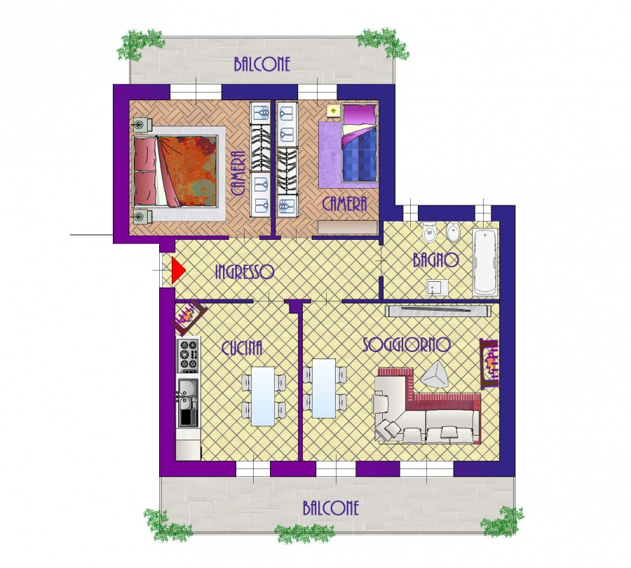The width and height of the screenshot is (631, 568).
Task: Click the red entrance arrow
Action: click(178, 271)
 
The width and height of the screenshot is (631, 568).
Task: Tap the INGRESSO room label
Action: click(245, 272)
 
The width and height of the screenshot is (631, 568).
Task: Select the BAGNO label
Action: click(436, 260)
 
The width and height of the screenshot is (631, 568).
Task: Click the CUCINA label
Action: click(242, 348)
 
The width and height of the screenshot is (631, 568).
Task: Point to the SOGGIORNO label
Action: click(407, 345)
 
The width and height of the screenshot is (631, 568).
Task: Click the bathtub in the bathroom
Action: click(485, 262)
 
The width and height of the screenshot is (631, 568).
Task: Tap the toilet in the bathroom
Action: click(429, 231)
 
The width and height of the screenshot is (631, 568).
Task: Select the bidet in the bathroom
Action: click(453, 232)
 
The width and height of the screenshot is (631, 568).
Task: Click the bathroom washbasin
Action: click(437, 288)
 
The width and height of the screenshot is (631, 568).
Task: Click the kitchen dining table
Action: click(264, 396)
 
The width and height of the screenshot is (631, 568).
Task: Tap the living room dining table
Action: click(324, 388)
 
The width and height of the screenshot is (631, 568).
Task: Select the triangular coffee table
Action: click(435, 375)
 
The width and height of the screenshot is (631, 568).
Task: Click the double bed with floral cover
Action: click(176, 171)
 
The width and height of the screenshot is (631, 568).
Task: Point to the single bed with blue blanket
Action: click(360, 143)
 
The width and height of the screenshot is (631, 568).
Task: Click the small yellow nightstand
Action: click(333, 110)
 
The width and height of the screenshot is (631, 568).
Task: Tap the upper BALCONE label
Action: click(262, 65)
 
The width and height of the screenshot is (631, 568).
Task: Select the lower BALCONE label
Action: click(331, 508)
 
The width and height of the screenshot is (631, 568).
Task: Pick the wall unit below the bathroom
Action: click(438, 311)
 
